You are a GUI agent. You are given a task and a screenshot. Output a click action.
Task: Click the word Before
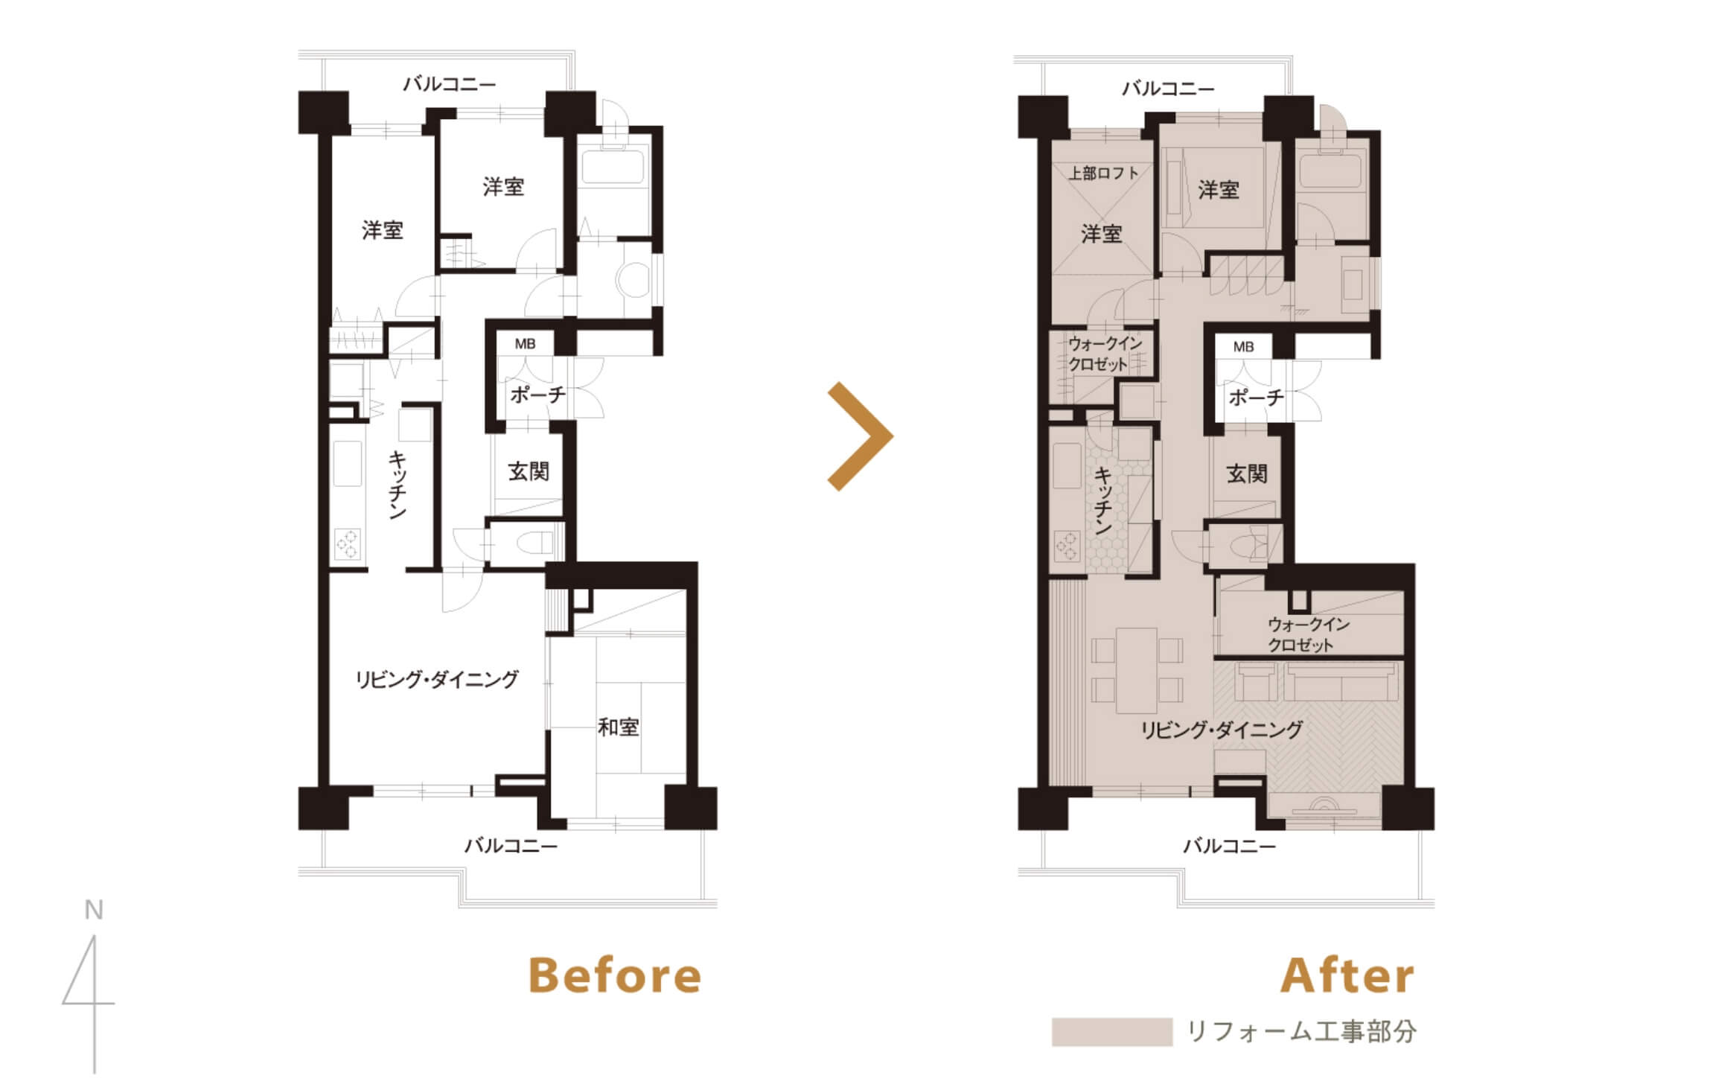point(615,975)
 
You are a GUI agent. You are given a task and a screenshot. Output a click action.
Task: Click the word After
point(1347,975)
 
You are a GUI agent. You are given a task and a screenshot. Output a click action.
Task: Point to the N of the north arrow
point(94,910)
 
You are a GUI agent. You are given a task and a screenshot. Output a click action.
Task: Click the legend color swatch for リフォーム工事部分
point(1111,1032)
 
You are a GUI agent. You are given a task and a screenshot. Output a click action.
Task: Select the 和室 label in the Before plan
point(619,727)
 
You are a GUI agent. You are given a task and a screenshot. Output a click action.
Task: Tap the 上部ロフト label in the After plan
point(1104,173)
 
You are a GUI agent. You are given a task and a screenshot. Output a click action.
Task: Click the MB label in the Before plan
point(525,344)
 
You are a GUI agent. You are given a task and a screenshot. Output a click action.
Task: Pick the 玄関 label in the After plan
point(1247,474)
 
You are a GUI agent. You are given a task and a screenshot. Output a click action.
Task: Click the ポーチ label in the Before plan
point(538,394)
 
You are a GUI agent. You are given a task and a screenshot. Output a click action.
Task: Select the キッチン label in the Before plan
point(398,485)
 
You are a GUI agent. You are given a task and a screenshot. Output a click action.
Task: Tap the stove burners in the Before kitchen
point(347,543)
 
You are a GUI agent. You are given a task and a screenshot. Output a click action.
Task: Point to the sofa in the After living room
point(1341,682)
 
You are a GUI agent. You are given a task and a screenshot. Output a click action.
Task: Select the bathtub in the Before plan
point(613,168)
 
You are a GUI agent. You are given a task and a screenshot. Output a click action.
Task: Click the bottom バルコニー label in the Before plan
point(511,845)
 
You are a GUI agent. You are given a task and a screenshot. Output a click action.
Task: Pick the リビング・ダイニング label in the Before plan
point(436,679)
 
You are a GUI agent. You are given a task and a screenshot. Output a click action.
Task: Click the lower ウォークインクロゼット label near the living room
point(1308,634)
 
